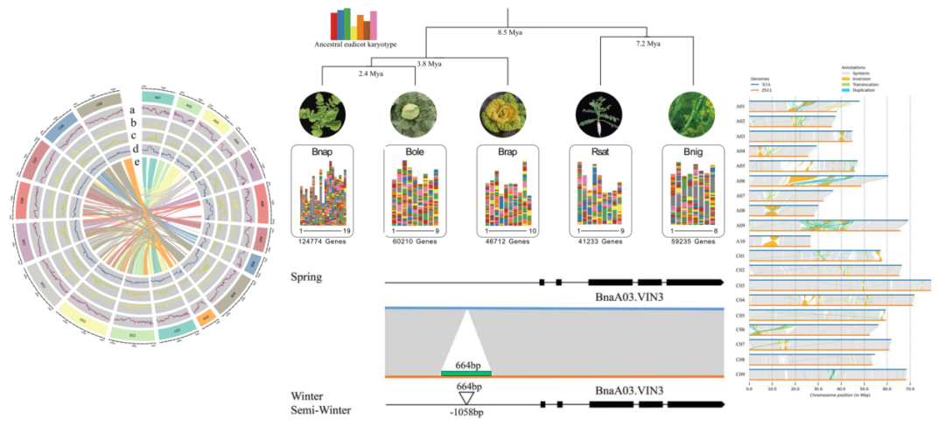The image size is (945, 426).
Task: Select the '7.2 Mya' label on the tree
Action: point(648,43)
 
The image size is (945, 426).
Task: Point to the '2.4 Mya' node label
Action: point(371,74)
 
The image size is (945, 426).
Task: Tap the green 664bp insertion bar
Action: point(466,374)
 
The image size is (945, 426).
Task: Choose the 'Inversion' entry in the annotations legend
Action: point(843,79)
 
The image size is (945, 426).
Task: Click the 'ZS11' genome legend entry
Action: point(767,85)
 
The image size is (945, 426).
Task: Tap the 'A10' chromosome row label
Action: point(740,241)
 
